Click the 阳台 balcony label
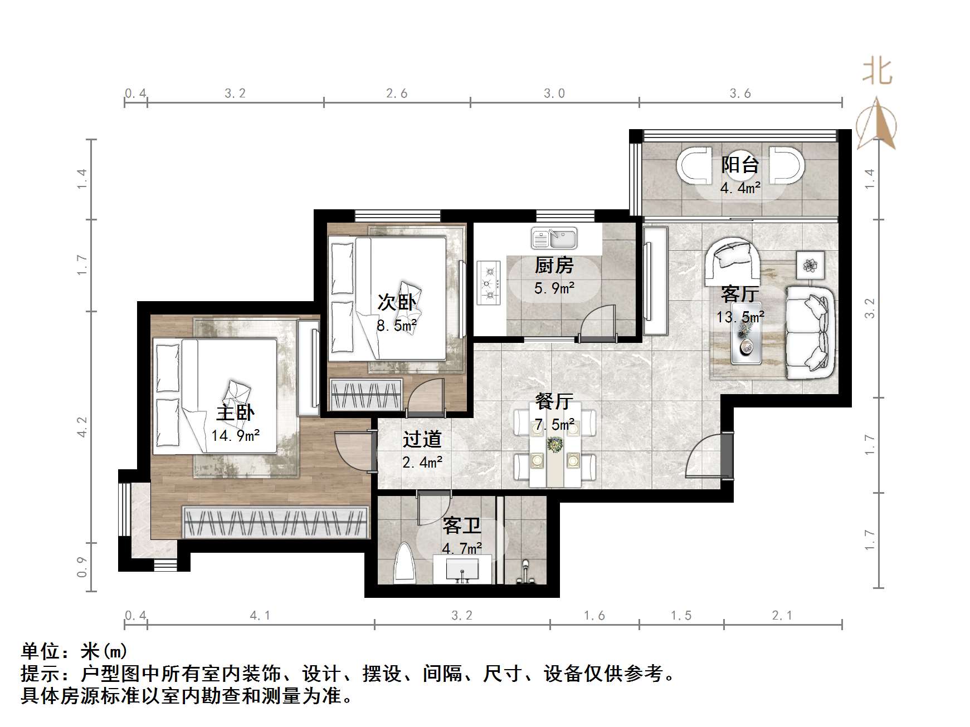click(x=739, y=165)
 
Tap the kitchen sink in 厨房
click(x=554, y=238)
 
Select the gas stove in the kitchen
click(x=489, y=283)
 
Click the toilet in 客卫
click(x=405, y=563)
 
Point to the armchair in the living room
click(x=732, y=259)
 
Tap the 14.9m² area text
click(x=235, y=435)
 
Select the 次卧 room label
click(x=396, y=302)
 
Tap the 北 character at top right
click(x=878, y=72)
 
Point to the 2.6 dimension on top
click(x=397, y=94)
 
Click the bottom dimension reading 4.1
click(x=260, y=615)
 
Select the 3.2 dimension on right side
click(x=870, y=308)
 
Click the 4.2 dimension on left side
click(x=82, y=427)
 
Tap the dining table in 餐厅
click(x=555, y=448)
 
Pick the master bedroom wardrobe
click(x=276, y=522)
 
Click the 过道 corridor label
click(x=422, y=439)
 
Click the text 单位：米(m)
click(x=74, y=651)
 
